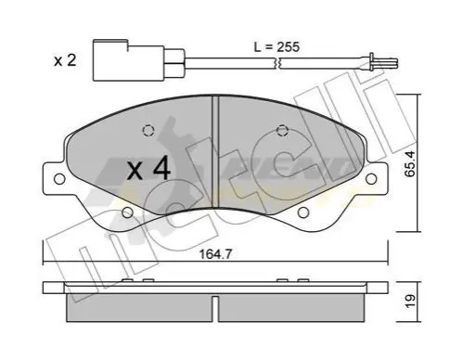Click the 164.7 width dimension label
pyautogui.click(x=215, y=254)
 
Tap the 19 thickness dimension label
pyautogui.click(x=410, y=302)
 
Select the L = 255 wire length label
pyautogui.click(x=277, y=47)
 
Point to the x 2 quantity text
pyautogui.click(x=65, y=60)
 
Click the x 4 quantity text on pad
pyautogui.click(x=148, y=169)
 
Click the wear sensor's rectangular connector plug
pyautogui.click(x=128, y=60)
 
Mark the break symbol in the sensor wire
pyautogui.click(x=279, y=64)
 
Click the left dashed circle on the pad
pyautogui.click(x=148, y=130)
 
